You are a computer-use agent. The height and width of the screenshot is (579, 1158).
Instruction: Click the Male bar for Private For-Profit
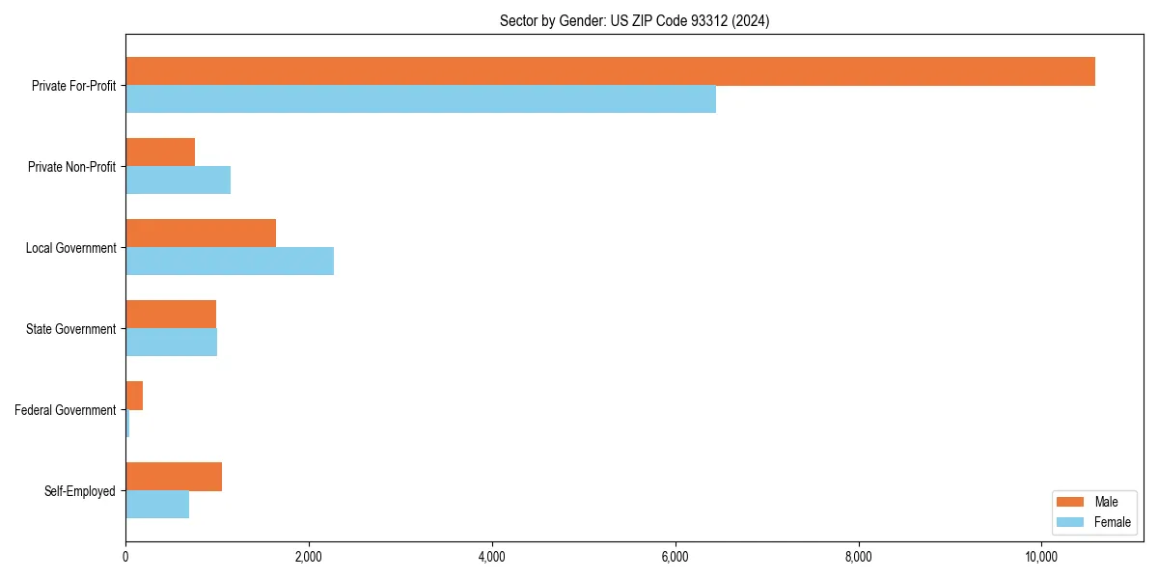[x=610, y=71]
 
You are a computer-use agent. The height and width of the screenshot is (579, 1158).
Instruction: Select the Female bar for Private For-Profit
[x=421, y=99]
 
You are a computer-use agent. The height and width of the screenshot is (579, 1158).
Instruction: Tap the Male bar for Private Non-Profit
[x=160, y=152]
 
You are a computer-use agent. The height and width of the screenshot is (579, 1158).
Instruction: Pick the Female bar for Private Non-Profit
[x=178, y=180]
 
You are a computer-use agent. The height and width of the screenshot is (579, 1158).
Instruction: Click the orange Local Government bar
[x=201, y=234]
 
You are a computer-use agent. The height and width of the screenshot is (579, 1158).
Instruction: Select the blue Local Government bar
[x=230, y=262]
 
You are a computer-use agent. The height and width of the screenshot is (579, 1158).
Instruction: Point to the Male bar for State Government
[x=171, y=315]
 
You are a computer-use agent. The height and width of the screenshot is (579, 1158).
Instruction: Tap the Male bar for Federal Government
[x=134, y=396]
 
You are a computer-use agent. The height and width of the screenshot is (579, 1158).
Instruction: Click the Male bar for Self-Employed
[x=174, y=477]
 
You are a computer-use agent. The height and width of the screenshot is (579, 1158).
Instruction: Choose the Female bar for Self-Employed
[x=157, y=505]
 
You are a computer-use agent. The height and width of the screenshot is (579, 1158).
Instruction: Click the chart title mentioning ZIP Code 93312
[x=634, y=20]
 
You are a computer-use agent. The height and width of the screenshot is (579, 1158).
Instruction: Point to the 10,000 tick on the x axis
[x=1042, y=557]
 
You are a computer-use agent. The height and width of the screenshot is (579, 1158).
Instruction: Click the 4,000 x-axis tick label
[x=492, y=557]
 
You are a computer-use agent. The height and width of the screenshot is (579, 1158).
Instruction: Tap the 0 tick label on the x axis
[x=125, y=557]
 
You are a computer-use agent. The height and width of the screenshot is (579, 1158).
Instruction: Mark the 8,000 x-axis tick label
[x=859, y=557]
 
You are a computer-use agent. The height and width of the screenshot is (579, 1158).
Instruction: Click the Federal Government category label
[x=66, y=410]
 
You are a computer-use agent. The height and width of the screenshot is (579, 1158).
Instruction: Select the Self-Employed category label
[x=80, y=491]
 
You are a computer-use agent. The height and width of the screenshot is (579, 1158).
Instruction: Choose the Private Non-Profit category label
[x=71, y=167]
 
